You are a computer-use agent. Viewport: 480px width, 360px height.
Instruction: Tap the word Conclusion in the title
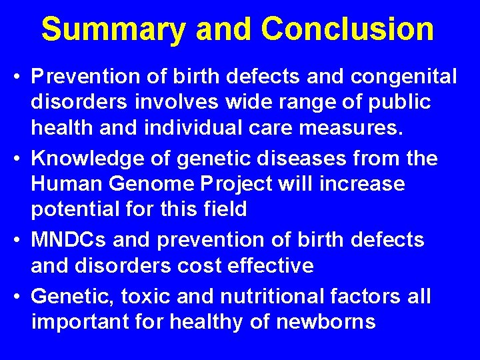point(347,30)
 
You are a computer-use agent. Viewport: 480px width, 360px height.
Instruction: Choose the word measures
point(361,129)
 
